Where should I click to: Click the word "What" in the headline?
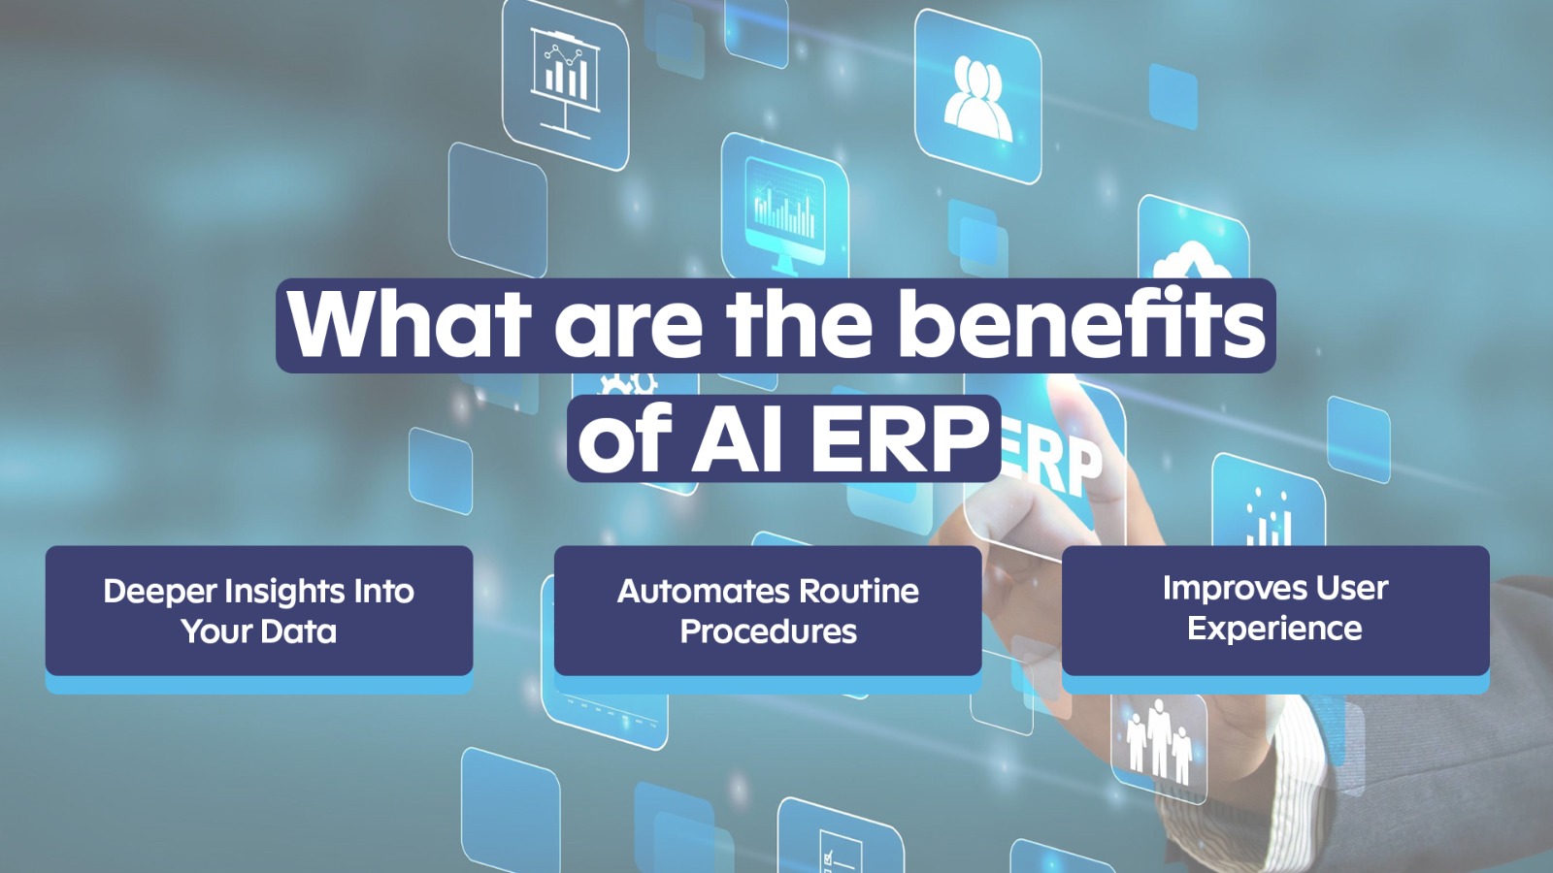(409, 325)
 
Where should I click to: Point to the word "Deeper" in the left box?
(159, 593)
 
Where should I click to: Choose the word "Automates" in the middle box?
(704, 592)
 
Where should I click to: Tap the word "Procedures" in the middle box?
(768, 631)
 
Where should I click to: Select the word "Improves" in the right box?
(1227, 590)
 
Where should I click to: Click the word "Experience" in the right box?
(1274, 629)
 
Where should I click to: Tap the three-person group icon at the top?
(976, 96)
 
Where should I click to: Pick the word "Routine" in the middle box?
(859, 592)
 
